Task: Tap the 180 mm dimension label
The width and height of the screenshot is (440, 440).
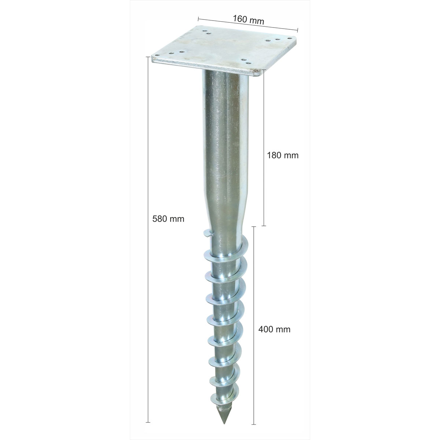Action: [282, 155]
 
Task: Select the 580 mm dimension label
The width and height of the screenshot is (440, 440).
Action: [168, 219]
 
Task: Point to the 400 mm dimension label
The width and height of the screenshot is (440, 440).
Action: [274, 329]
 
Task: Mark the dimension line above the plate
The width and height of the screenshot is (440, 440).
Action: [247, 23]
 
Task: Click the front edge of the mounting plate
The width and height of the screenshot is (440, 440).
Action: [205, 68]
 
